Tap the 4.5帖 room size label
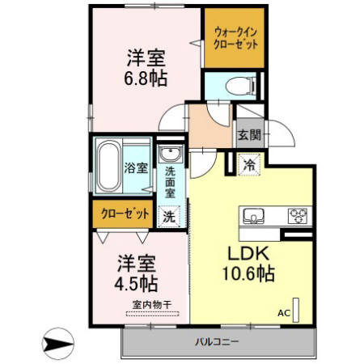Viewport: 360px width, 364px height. (x=136, y=285)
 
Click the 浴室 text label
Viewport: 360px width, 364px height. (x=135, y=168)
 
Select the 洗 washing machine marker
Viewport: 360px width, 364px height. (x=170, y=216)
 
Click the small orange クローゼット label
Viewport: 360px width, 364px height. (x=125, y=214)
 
